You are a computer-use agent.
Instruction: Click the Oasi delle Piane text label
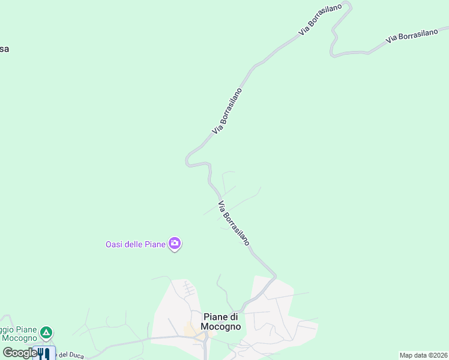tap(136, 244)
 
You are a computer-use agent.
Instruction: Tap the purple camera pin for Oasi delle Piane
tap(175, 243)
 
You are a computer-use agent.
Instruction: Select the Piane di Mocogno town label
tap(221, 322)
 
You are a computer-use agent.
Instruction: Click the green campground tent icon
tap(46, 332)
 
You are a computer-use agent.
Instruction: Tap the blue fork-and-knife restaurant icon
tap(44, 353)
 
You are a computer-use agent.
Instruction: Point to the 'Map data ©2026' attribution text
tap(423, 355)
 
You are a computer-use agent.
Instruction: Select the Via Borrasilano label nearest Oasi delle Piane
tap(234, 223)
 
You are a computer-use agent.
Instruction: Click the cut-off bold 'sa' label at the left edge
tap(4, 49)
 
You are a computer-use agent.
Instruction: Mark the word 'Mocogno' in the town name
tap(221, 327)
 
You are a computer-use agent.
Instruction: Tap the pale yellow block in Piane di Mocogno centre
tap(193, 330)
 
